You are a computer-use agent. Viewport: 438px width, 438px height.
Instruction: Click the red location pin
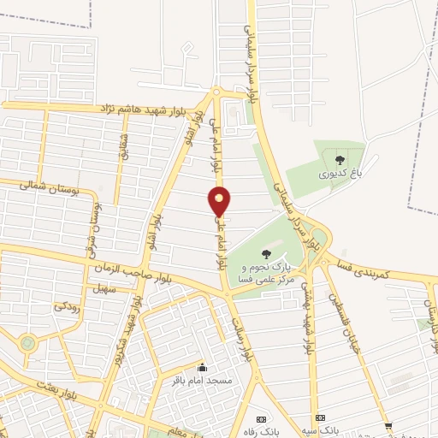(x=220, y=202)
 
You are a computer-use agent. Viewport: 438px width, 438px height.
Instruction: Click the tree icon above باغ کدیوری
(x=340, y=159)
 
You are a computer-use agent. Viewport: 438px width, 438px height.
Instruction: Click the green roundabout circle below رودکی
(x=27, y=343)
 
